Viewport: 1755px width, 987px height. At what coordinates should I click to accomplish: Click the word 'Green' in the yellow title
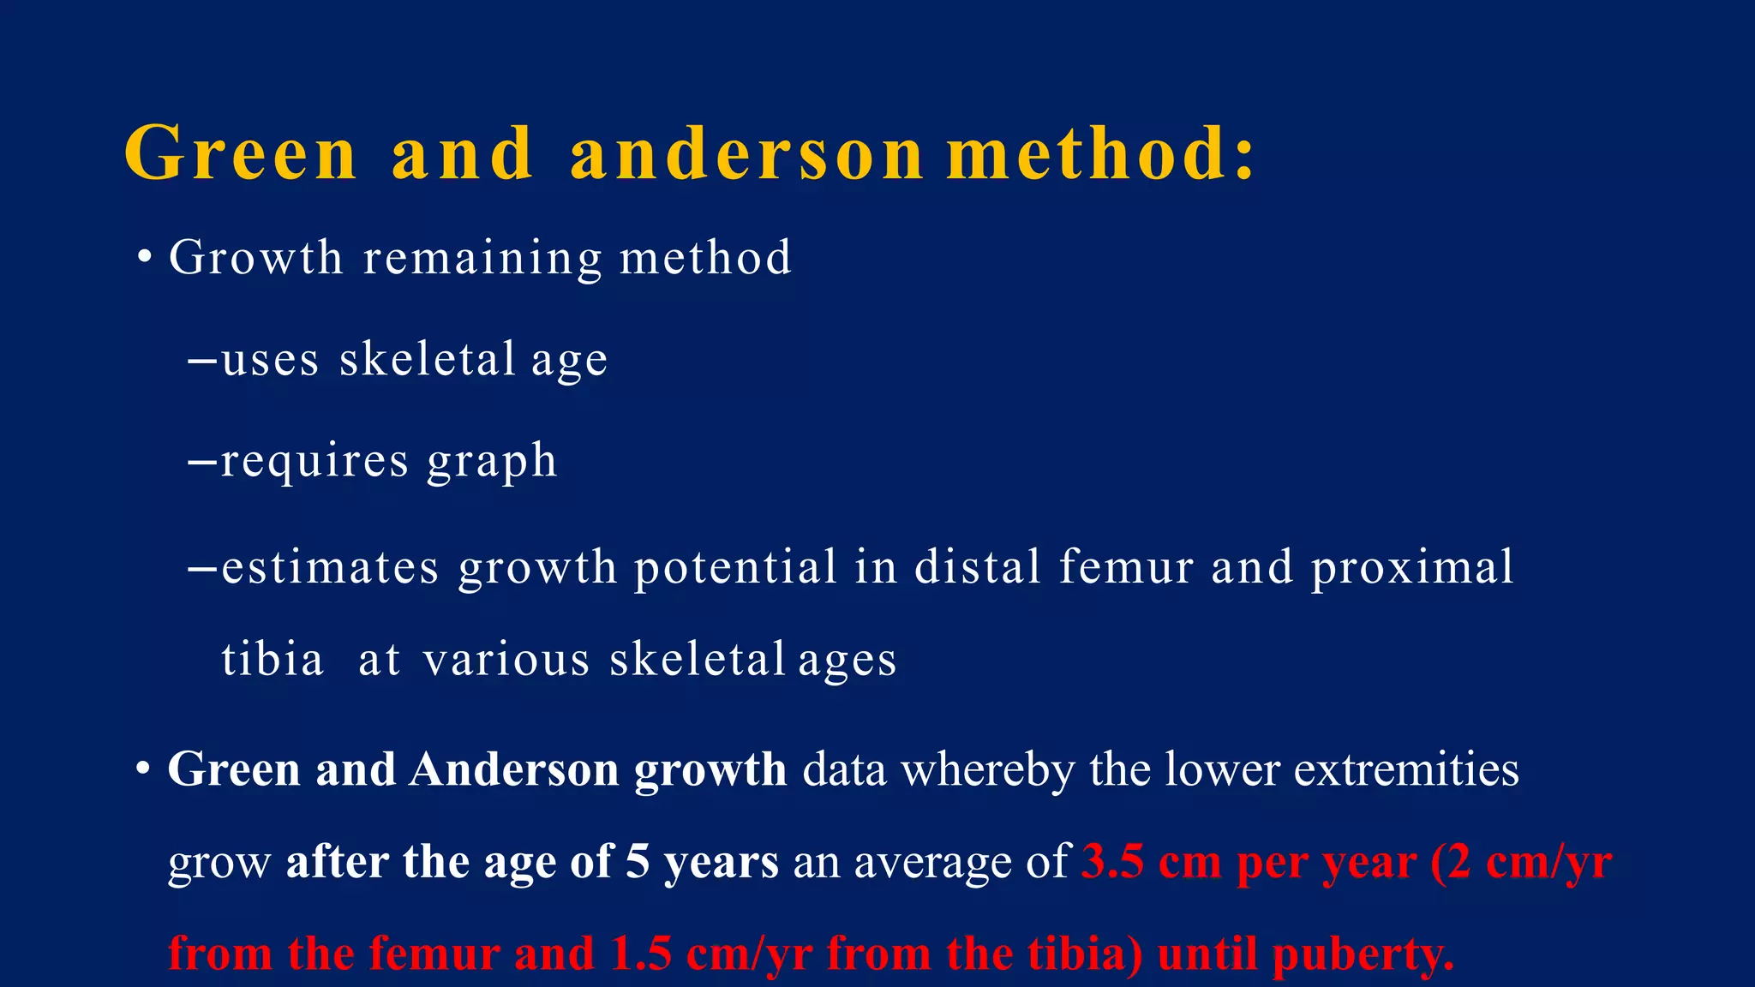click(240, 153)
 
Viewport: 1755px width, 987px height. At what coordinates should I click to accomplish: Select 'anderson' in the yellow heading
click(746, 153)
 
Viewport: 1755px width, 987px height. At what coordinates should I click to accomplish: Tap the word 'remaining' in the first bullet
click(482, 258)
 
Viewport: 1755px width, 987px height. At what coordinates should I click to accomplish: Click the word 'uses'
click(270, 359)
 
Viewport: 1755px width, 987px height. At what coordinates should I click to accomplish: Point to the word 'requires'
click(314, 461)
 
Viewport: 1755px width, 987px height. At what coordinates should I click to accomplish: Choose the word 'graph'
click(492, 463)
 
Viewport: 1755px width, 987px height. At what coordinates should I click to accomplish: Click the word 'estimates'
click(330, 567)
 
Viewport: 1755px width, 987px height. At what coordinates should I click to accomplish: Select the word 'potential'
click(735, 567)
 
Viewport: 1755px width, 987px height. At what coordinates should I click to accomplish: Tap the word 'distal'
click(977, 567)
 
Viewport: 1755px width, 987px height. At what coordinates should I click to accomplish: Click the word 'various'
click(506, 660)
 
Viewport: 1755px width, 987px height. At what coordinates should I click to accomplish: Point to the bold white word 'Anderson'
click(513, 769)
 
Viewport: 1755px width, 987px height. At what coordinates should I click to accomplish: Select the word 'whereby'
click(987, 770)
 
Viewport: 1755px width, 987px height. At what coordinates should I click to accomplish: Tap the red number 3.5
click(1111, 861)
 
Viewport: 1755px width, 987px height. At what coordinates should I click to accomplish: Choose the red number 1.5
click(641, 954)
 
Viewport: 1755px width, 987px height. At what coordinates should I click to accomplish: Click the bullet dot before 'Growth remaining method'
click(145, 258)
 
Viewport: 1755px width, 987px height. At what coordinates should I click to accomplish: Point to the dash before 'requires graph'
click(202, 462)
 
